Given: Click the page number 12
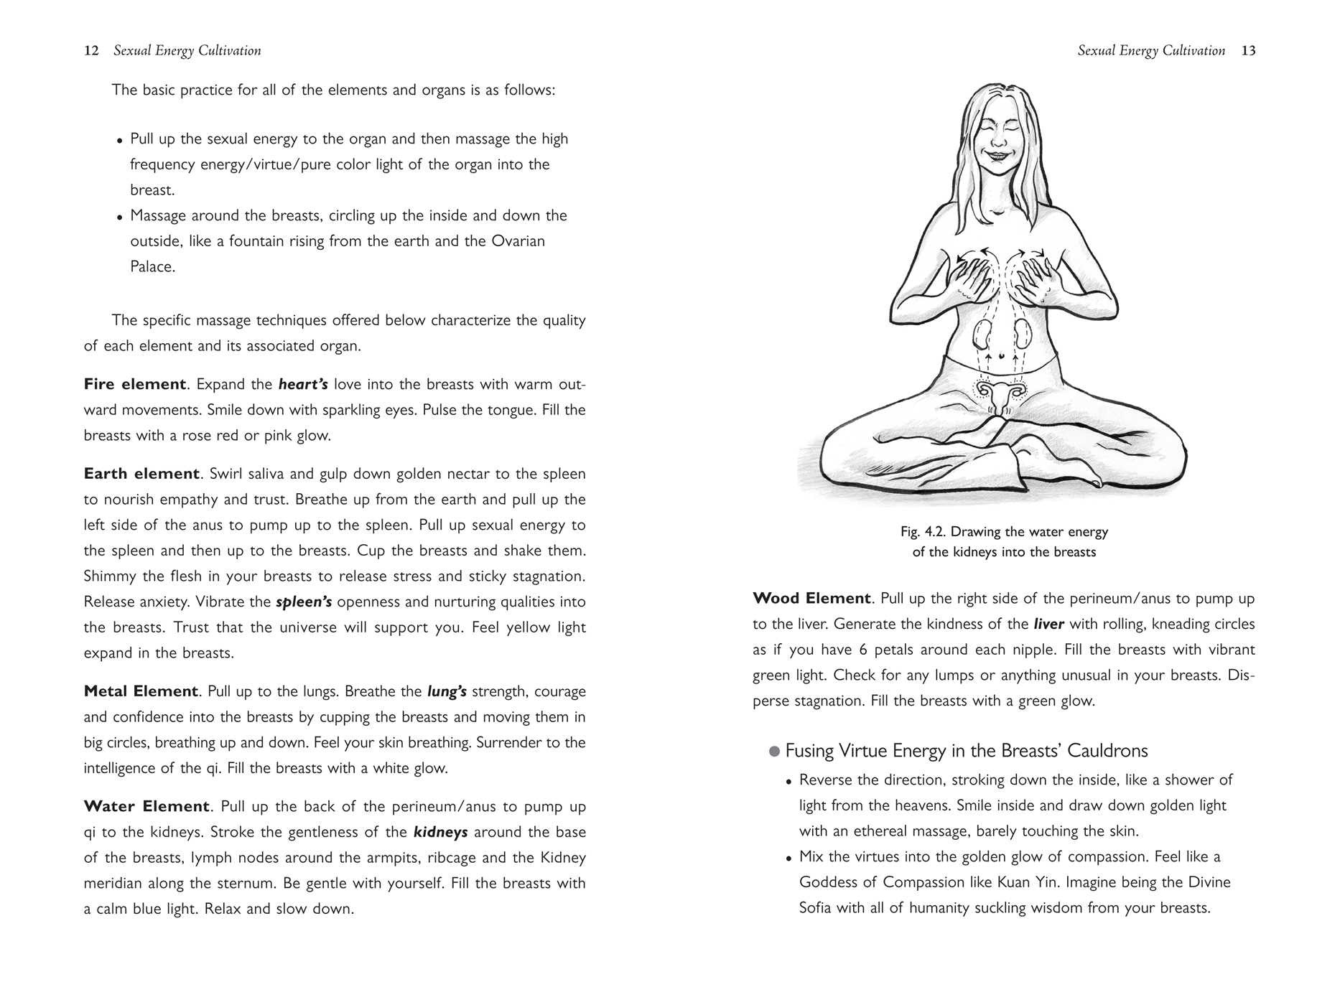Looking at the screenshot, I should pyautogui.click(x=91, y=51).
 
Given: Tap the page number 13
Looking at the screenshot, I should pyautogui.click(x=1248, y=51).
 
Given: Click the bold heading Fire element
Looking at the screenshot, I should pyautogui.click(x=135, y=384).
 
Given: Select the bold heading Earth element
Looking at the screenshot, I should pyautogui.click(x=141, y=474).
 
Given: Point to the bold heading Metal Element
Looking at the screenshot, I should pyautogui.click(x=141, y=691).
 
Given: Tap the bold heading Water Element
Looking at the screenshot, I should pyautogui.click(x=146, y=806).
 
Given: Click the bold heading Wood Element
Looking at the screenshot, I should pyautogui.click(x=811, y=599).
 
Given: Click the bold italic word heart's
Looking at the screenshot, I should pyautogui.click(x=303, y=384).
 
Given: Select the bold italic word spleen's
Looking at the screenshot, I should pyautogui.click(x=304, y=602).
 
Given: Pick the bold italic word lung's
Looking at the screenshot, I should pyautogui.click(x=447, y=691).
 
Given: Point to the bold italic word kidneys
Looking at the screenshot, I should pyautogui.click(x=440, y=832).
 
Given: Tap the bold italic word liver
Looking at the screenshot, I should pyautogui.click(x=1048, y=624).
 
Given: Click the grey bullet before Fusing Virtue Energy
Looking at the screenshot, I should pyautogui.click(x=774, y=752).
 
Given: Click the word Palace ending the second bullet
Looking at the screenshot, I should pyautogui.click(x=152, y=267).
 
